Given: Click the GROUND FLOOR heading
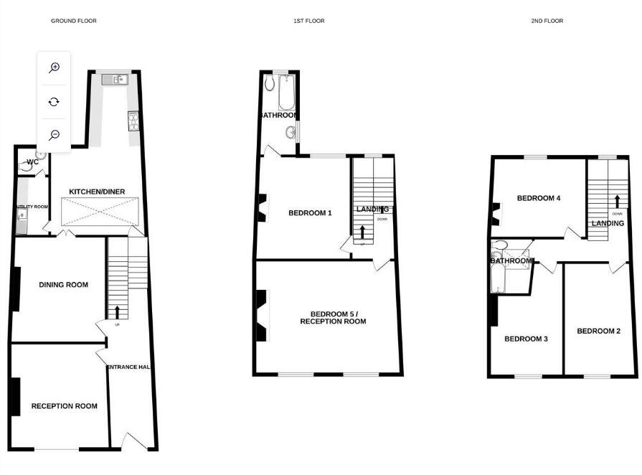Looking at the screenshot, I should pyautogui.click(x=73, y=21).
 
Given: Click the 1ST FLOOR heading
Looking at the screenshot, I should pyautogui.click(x=309, y=21).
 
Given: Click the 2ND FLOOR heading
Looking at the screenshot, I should pyautogui.click(x=547, y=21).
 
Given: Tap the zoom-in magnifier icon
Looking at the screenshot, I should pyautogui.click(x=54, y=67).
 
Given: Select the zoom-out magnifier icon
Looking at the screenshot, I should pyautogui.click(x=54, y=135).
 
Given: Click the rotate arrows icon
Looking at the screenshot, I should pyautogui.click(x=54, y=101).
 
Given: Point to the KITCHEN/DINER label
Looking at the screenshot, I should pyautogui.click(x=97, y=192).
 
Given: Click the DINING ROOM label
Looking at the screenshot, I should pyautogui.click(x=64, y=285).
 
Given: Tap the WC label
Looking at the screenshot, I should pyautogui.click(x=32, y=162).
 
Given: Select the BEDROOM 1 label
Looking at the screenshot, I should pyautogui.click(x=310, y=213).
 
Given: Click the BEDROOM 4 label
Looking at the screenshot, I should pyautogui.click(x=539, y=198).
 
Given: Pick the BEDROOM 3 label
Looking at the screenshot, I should pyautogui.click(x=526, y=339).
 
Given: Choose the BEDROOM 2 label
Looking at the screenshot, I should pyautogui.click(x=598, y=331).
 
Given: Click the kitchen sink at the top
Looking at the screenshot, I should pyautogui.click(x=115, y=80).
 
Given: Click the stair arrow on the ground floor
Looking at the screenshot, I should pyautogui.click(x=116, y=311).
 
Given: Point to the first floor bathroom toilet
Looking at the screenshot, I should pyautogui.click(x=269, y=85).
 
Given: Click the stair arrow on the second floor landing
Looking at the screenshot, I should pyautogui.click(x=615, y=201).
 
